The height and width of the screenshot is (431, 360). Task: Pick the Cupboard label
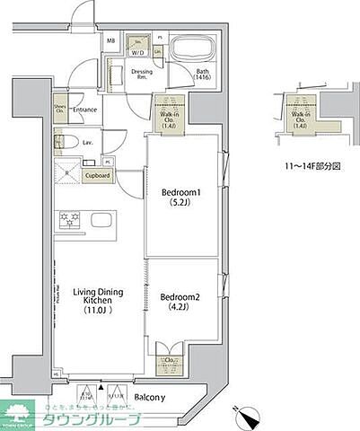point(96,177)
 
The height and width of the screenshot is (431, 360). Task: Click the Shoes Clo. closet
point(61,110)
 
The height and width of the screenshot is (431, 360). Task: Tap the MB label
point(111,41)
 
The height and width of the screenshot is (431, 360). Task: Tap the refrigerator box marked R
point(68,176)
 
